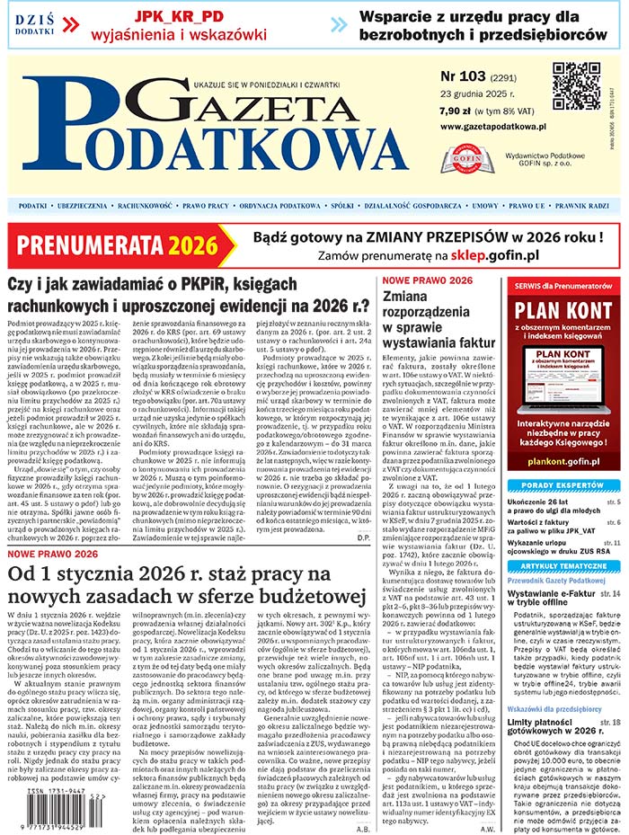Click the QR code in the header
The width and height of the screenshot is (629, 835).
click(576, 85)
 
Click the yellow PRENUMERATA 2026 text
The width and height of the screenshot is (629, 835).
click(117, 245)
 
